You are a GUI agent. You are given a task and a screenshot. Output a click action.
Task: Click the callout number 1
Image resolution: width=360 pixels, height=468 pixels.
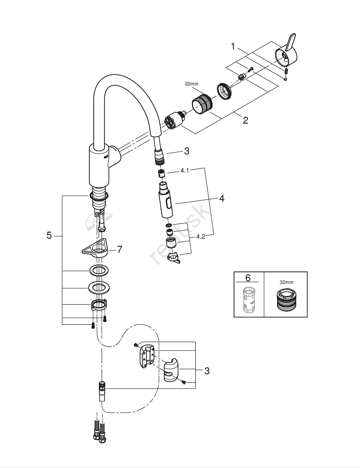click(x=233, y=46)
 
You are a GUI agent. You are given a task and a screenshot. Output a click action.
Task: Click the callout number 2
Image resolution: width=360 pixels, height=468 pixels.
click(x=245, y=120)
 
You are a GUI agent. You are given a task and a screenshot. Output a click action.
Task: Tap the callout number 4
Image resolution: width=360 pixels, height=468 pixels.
click(x=221, y=198)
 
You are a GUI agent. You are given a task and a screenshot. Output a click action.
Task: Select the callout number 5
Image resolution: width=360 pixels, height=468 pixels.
click(x=49, y=235)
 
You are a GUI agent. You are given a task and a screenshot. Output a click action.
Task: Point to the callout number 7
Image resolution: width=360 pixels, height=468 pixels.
click(x=119, y=249)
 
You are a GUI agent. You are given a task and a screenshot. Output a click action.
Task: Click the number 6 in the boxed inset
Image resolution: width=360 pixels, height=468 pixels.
click(x=248, y=278)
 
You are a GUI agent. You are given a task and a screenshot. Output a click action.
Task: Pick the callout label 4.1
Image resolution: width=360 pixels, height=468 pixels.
click(x=184, y=171)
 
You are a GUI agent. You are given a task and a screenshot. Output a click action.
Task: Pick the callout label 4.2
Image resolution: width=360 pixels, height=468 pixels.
click(x=200, y=237)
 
